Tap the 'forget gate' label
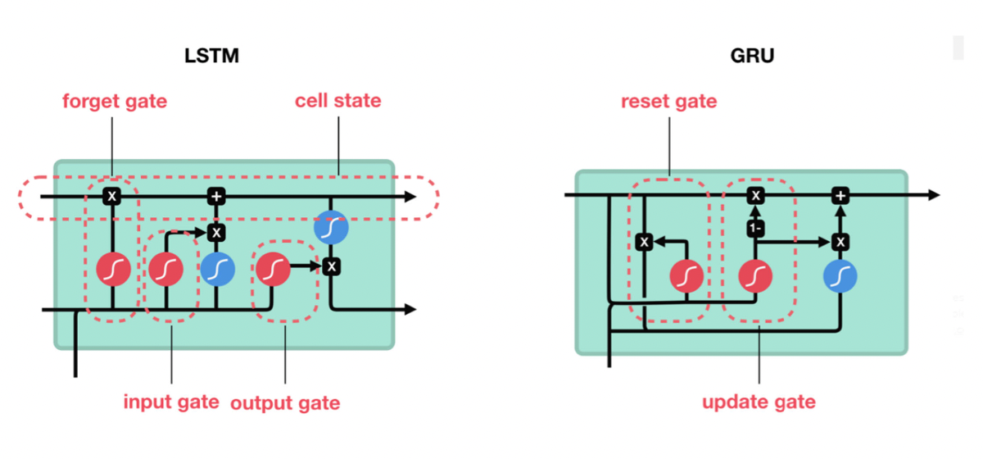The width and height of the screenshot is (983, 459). [x=115, y=102]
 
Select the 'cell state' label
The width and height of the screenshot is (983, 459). [x=337, y=102]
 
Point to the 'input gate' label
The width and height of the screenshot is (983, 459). [x=171, y=402]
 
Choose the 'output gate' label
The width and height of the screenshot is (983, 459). [x=285, y=403]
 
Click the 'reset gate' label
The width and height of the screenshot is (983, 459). [x=668, y=102]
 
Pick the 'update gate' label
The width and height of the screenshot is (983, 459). [x=759, y=402]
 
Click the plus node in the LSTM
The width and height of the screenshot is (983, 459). [x=216, y=197]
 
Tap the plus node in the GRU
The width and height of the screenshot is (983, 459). [x=840, y=195]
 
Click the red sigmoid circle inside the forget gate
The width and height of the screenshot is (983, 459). [x=113, y=269]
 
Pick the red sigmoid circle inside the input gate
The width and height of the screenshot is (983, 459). [x=165, y=269]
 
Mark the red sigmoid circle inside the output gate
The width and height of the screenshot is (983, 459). [x=273, y=267]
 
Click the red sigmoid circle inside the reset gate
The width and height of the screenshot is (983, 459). [x=686, y=276]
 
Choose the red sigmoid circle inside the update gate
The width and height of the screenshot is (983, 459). [x=755, y=276]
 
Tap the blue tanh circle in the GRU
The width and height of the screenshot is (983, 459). [x=840, y=276]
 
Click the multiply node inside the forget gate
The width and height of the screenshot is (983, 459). [x=112, y=197]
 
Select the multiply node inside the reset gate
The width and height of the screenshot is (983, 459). [x=645, y=242]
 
